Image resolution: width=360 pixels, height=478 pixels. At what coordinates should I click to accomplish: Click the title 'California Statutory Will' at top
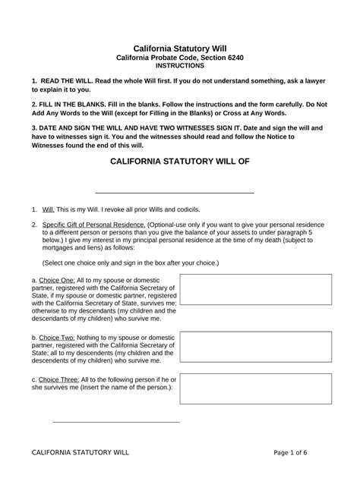point(179,49)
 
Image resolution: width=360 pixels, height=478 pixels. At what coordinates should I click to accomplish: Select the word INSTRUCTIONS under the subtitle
point(179,66)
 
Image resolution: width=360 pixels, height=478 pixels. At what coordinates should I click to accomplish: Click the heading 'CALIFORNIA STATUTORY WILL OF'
point(179,162)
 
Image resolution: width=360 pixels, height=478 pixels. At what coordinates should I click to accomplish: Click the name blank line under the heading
point(174,193)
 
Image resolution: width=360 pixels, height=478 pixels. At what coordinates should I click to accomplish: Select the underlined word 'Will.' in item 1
point(49,209)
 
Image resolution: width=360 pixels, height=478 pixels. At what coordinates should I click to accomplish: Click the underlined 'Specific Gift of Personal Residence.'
point(93,225)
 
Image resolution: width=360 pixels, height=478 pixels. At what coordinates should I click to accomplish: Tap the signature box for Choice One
point(255,290)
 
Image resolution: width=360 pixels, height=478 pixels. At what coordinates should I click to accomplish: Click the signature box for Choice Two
point(255,345)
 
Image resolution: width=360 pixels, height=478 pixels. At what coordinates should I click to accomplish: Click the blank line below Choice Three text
point(115,421)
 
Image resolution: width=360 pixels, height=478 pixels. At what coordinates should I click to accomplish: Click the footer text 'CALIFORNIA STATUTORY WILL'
point(81,452)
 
